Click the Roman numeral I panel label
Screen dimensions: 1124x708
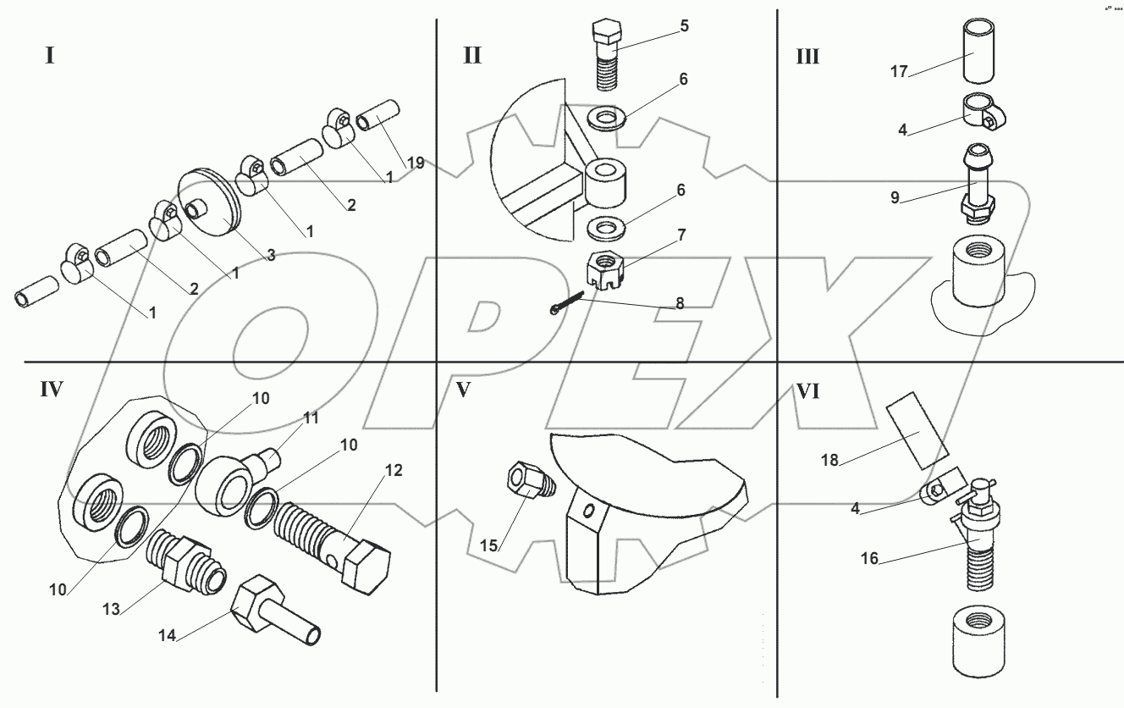point(50,55)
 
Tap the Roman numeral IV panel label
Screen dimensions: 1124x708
point(52,390)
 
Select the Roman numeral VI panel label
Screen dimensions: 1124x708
point(807,391)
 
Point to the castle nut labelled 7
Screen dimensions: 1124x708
point(605,270)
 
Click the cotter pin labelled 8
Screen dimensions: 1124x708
point(567,303)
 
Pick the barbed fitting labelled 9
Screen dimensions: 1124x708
point(977,183)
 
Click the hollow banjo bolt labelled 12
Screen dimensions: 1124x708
point(333,548)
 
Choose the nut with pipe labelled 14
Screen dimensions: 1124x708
point(277,610)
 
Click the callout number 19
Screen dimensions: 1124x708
point(416,163)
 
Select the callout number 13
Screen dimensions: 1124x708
point(111,609)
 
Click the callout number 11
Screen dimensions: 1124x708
point(311,418)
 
